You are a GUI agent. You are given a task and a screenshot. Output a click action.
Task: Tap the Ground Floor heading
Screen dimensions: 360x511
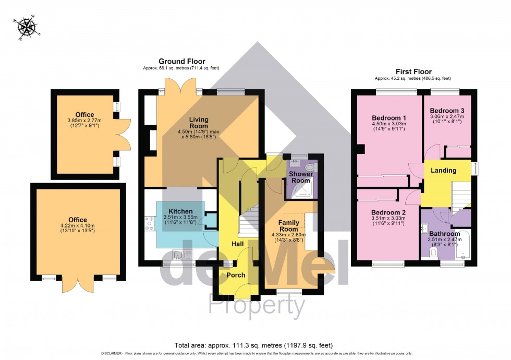(182, 62)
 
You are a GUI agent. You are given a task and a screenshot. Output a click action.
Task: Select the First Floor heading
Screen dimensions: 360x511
(413, 71)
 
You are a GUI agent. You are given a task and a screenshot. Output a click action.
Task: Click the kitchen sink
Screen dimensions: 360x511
(178, 255)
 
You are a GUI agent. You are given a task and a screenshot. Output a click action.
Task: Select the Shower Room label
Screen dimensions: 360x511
(300, 177)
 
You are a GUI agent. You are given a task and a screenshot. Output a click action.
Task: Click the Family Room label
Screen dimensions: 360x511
(288, 225)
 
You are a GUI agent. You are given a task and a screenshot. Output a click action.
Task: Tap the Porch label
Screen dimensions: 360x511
(235, 275)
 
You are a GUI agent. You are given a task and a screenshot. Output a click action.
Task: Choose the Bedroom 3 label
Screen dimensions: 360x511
(447, 111)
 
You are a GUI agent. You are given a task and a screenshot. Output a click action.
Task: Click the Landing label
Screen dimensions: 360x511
(444, 170)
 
